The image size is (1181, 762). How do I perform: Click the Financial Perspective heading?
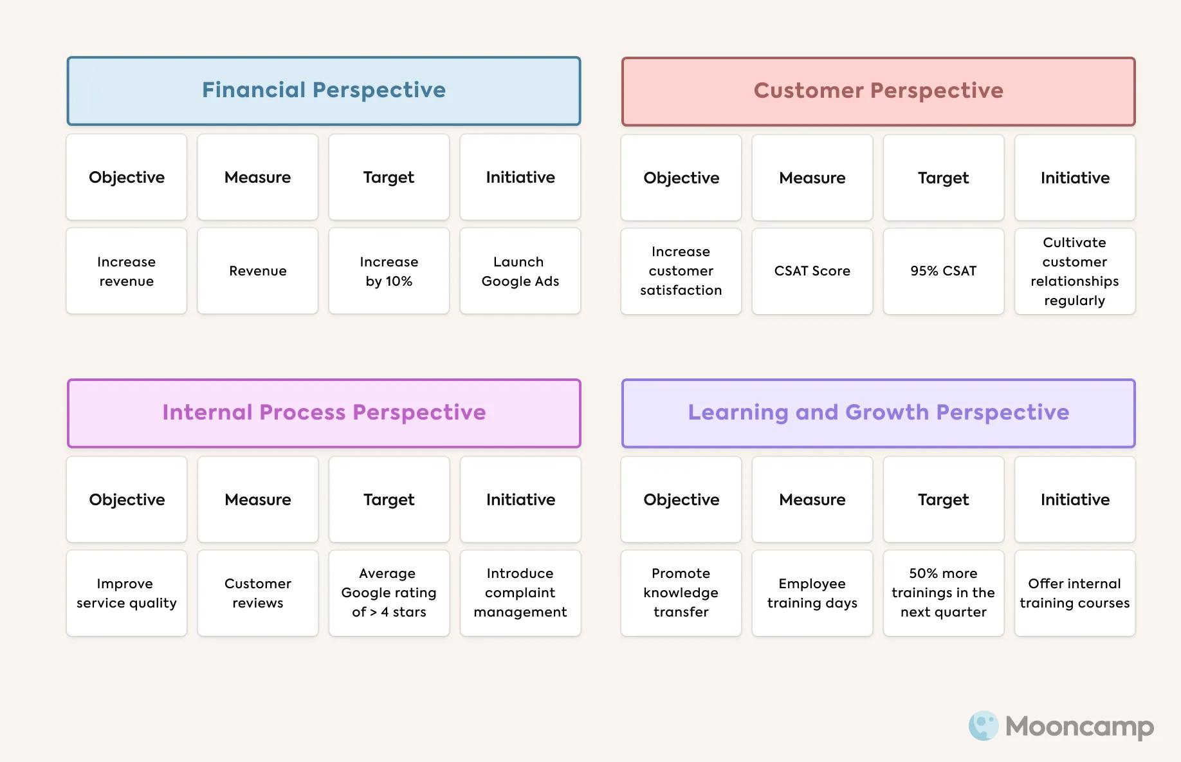coord(324,91)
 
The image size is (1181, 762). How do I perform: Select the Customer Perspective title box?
coord(878,91)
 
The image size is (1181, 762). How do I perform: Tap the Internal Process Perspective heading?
coord(324,413)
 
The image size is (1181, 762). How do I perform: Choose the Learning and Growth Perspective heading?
coord(878,413)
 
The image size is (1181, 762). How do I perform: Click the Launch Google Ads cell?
coord(520,271)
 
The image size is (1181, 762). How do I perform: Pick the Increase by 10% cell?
coord(389,271)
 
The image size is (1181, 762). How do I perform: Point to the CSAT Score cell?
coord(812,271)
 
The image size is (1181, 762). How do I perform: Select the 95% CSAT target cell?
coord(943,271)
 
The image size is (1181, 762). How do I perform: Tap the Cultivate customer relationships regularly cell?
coord(1074,271)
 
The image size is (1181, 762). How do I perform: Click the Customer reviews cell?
coord(257,593)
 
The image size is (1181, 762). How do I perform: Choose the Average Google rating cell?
coord(389,593)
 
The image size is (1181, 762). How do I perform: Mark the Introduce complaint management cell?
coord(520,593)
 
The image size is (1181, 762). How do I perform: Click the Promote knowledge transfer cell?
coord(681,593)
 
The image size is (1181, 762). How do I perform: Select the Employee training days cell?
coord(812,593)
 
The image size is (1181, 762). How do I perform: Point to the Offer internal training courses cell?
coord(1074,593)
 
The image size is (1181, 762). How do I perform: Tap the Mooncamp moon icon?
coord(983,726)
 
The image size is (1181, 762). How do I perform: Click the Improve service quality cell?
coord(126,593)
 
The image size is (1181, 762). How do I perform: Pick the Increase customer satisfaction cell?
coord(681,271)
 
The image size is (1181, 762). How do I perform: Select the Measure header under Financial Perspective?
coord(257,177)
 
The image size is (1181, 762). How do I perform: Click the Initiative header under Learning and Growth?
coord(1074,499)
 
